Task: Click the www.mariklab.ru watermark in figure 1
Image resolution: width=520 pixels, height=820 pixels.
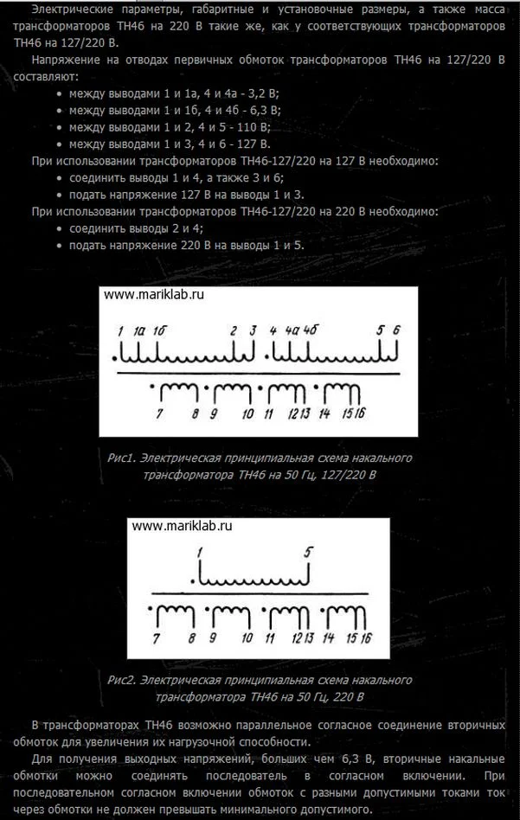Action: (153, 294)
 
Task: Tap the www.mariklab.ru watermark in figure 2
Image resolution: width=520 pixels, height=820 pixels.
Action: (183, 525)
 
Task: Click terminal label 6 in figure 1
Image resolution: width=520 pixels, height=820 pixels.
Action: (397, 330)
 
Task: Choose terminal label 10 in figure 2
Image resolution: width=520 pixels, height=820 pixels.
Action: (247, 638)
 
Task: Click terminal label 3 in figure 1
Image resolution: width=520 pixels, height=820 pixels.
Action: (253, 330)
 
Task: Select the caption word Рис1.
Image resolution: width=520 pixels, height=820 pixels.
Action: (122, 458)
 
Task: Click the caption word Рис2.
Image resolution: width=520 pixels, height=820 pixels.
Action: (123, 680)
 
